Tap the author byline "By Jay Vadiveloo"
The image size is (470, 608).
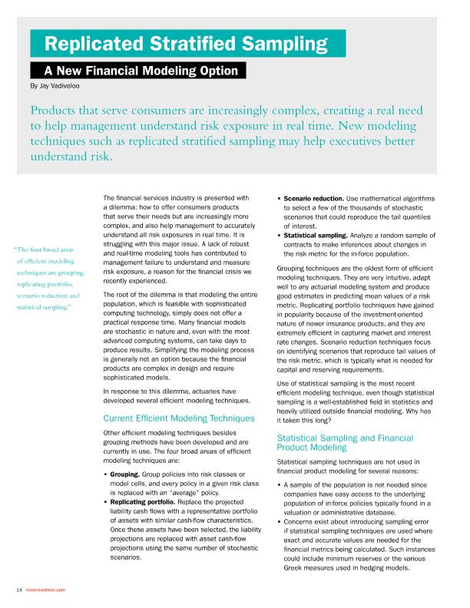pyautogui.click(x=55, y=87)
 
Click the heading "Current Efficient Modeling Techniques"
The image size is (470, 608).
pyautogui.click(x=178, y=418)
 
